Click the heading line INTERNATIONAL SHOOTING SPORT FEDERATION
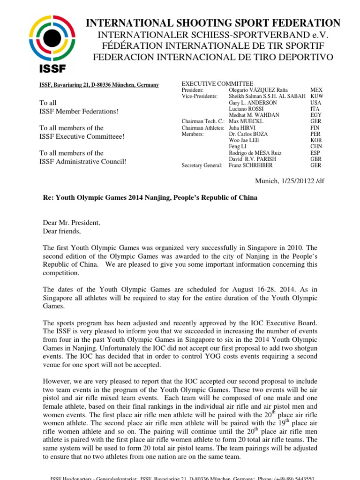213,23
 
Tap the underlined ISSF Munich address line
98,85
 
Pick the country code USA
316,103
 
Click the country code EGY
316,115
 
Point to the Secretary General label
202,165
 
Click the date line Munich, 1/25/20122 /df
285,180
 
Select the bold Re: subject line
150,197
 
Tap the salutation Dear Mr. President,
72,223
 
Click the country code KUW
317,96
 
